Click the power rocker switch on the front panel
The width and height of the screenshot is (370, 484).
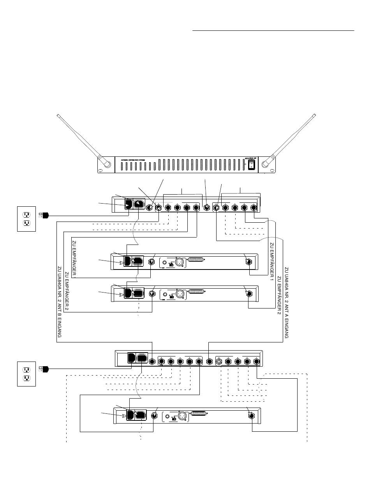[x=251, y=164]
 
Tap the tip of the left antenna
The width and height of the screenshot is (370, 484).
[x=58, y=115]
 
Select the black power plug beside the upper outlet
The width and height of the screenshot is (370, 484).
[x=44, y=215]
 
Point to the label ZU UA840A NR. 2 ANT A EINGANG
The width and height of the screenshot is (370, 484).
[x=286, y=303]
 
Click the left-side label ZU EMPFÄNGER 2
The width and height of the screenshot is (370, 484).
[x=67, y=292]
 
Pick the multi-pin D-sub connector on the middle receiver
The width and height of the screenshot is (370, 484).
[x=196, y=291]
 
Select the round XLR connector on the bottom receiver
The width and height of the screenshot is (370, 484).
[x=180, y=416]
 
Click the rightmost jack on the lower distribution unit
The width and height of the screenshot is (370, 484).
[x=257, y=362]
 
